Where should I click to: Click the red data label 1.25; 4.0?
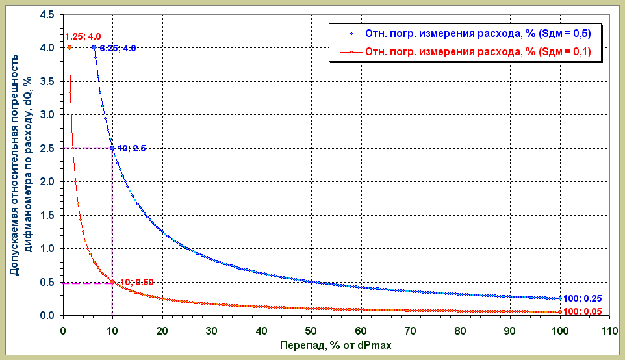point(83,36)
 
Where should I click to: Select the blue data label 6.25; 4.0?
point(118,48)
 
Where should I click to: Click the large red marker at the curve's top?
point(70,47)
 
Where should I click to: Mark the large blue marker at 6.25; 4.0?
point(94,47)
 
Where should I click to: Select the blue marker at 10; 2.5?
point(112,148)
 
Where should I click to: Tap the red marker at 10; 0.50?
point(112,282)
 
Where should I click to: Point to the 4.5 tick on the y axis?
point(47,14)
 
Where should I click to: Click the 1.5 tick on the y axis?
point(47,215)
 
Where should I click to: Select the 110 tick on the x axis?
point(609,329)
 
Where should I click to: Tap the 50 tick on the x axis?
point(311,329)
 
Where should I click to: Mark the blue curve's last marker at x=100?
point(559,298)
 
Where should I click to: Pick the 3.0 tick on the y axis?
point(47,115)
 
